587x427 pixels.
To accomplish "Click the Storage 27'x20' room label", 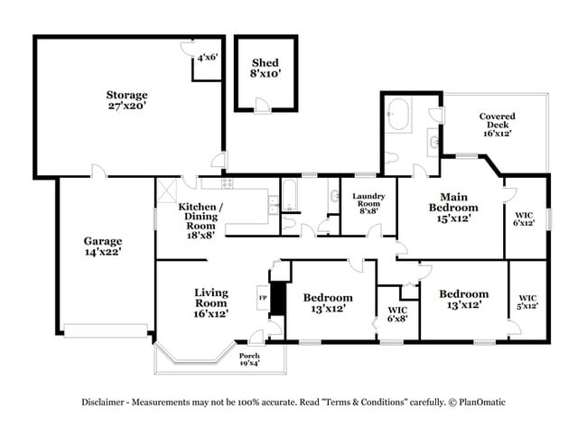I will pyautogui.click(x=126, y=100).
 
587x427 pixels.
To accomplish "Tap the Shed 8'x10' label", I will pyautogui.click(x=265, y=68).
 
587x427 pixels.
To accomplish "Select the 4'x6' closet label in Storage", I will pyautogui.click(x=207, y=57).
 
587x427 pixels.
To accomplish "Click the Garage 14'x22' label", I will pyautogui.click(x=103, y=246).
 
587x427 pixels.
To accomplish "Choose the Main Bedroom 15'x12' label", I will pyautogui.click(x=452, y=207).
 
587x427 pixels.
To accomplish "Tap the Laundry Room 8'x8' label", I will pyautogui.click(x=368, y=202).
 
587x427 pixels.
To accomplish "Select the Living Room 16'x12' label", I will pyautogui.click(x=211, y=302).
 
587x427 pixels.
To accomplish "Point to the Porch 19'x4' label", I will pyautogui.click(x=249, y=360).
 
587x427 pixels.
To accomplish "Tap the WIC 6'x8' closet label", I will pyautogui.click(x=397, y=312).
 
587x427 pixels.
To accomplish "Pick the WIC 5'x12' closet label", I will pyautogui.click(x=527, y=302).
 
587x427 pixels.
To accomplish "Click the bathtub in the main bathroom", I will pyautogui.click(x=398, y=116).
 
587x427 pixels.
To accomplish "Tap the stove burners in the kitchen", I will pyautogui.click(x=228, y=183).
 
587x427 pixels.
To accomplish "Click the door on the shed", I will pyautogui.click(x=260, y=107).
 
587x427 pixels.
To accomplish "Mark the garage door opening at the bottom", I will pyautogui.click(x=103, y=330).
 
